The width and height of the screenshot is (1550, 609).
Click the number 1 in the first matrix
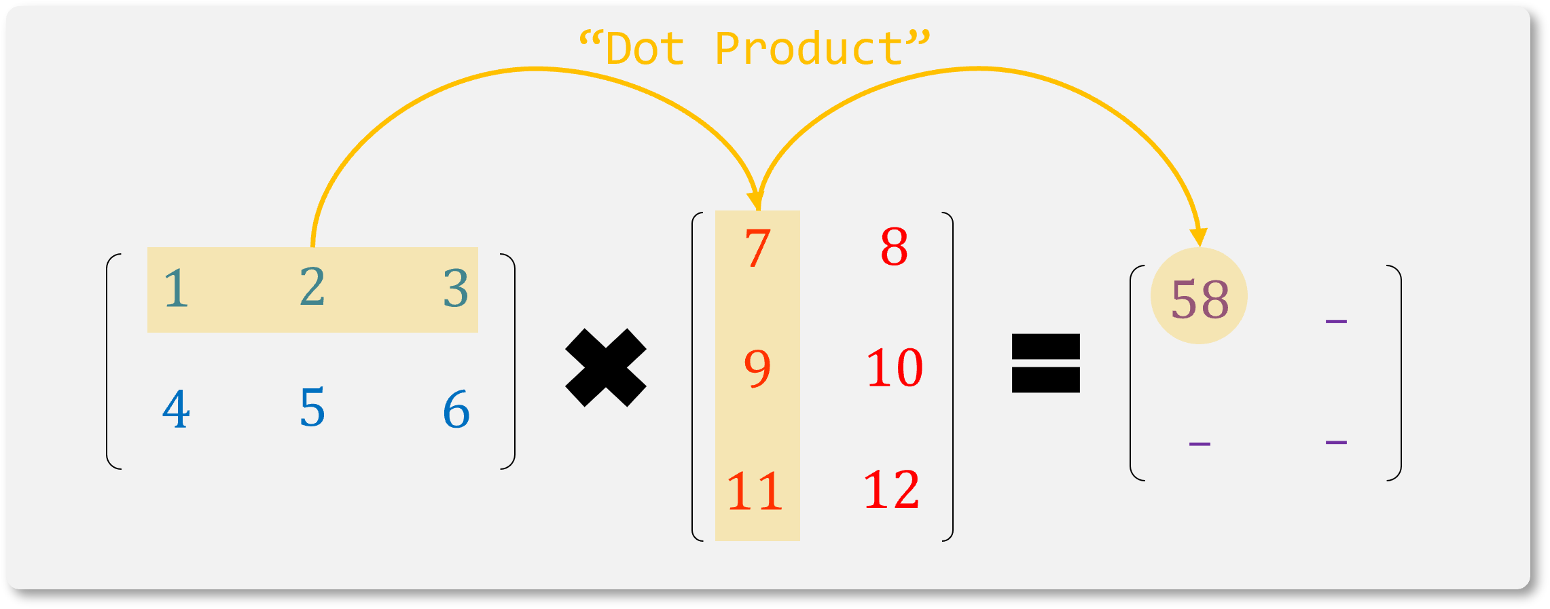(x=176, y=289)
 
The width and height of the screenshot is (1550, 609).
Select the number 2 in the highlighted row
(x=312, y=287)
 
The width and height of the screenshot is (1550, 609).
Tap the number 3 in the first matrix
(x=456, y=289)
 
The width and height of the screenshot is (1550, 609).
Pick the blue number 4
(x=176, y=409)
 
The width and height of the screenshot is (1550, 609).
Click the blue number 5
(x=312, y=408)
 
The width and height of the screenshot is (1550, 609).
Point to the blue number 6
(x=456, y=409)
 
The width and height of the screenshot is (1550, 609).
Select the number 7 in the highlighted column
(x=757, y=248)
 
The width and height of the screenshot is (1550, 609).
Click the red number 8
(x=894, y=247)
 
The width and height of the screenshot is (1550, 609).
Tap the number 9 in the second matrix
(x=757, y=369)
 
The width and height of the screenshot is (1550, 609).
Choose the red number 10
(x=895, y=369)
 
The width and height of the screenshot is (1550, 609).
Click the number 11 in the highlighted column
(x=755, y=491)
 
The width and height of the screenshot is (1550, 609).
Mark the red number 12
(x=891, y=490)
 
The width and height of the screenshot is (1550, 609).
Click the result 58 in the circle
(x=1200, y=299)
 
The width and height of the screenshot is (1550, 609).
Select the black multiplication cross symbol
(x=606, y=367)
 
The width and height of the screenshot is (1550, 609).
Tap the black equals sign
(x=1045, y=363)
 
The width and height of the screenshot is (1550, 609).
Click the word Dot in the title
(x=645, y=50)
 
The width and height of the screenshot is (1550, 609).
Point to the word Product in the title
(x=808, y=50)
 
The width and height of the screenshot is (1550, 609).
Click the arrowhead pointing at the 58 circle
(x=1199, y=237)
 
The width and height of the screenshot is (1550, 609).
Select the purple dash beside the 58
(x=1336, y=321)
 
